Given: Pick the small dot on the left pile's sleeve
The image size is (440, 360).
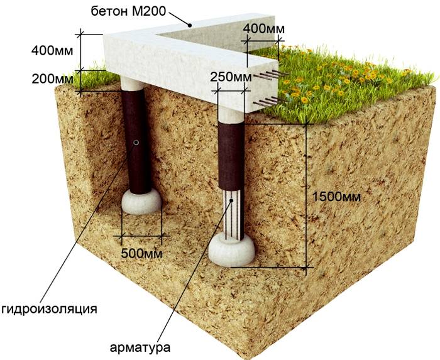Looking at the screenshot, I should click(x=135, y=143).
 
